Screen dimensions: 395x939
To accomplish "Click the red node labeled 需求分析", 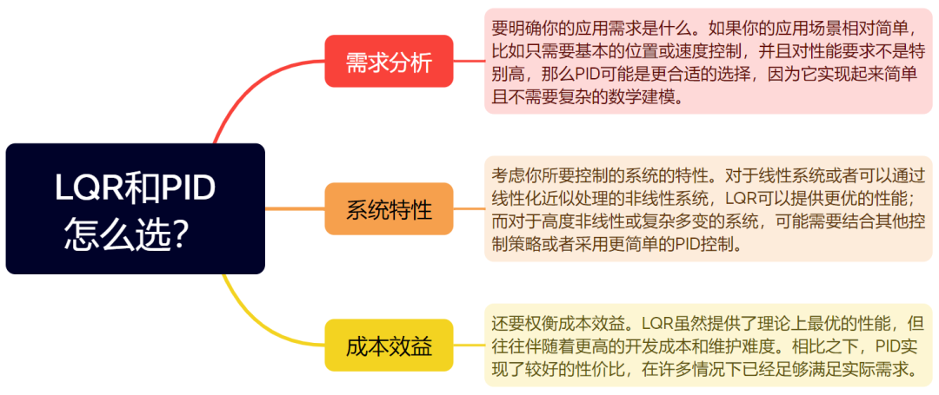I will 389,62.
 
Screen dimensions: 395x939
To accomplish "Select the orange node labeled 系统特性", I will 389,209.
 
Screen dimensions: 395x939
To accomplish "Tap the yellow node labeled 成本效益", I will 389,346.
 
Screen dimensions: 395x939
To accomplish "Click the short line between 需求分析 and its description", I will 469,62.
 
